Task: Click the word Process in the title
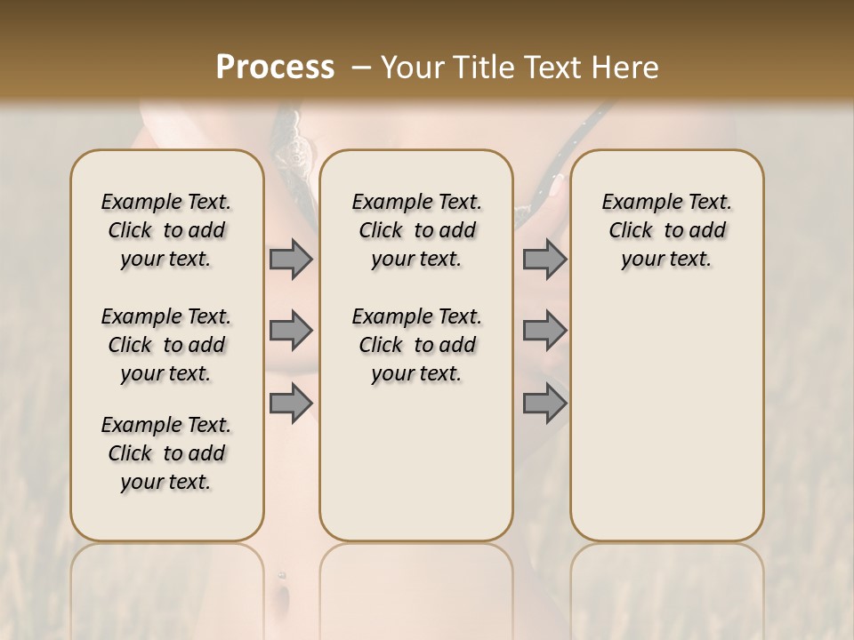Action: tap(275, 68)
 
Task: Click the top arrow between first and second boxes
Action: tap(291, 259)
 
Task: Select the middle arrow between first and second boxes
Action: tap(291, 331)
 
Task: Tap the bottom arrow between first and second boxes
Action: tap(291, 404)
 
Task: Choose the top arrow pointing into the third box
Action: tap(544, 259)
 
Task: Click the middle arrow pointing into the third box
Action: tap(544, 331)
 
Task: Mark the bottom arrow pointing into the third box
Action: tap(544, 404)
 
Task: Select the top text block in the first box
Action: tap(166, 230)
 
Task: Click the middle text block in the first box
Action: tap(166, 345)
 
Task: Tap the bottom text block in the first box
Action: tap(166, 453)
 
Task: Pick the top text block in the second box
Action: tap(416, 230)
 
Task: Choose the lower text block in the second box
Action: tap(416, 345)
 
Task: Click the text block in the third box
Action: tap(667, 230)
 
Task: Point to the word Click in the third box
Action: tap(631, 231)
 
